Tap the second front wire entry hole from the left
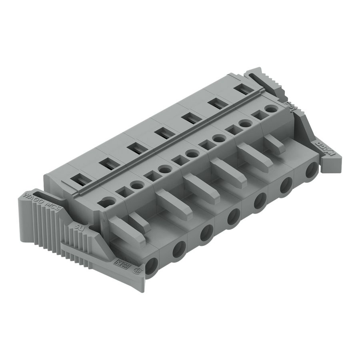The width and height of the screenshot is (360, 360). [179, 250]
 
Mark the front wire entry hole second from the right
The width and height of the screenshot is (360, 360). [286, 186]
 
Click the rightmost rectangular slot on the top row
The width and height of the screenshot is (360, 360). [243, 90]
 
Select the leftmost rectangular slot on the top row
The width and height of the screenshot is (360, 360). [80, 180]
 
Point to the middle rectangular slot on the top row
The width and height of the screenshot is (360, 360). [162, 133]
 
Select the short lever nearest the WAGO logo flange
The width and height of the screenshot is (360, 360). [274, 143]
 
